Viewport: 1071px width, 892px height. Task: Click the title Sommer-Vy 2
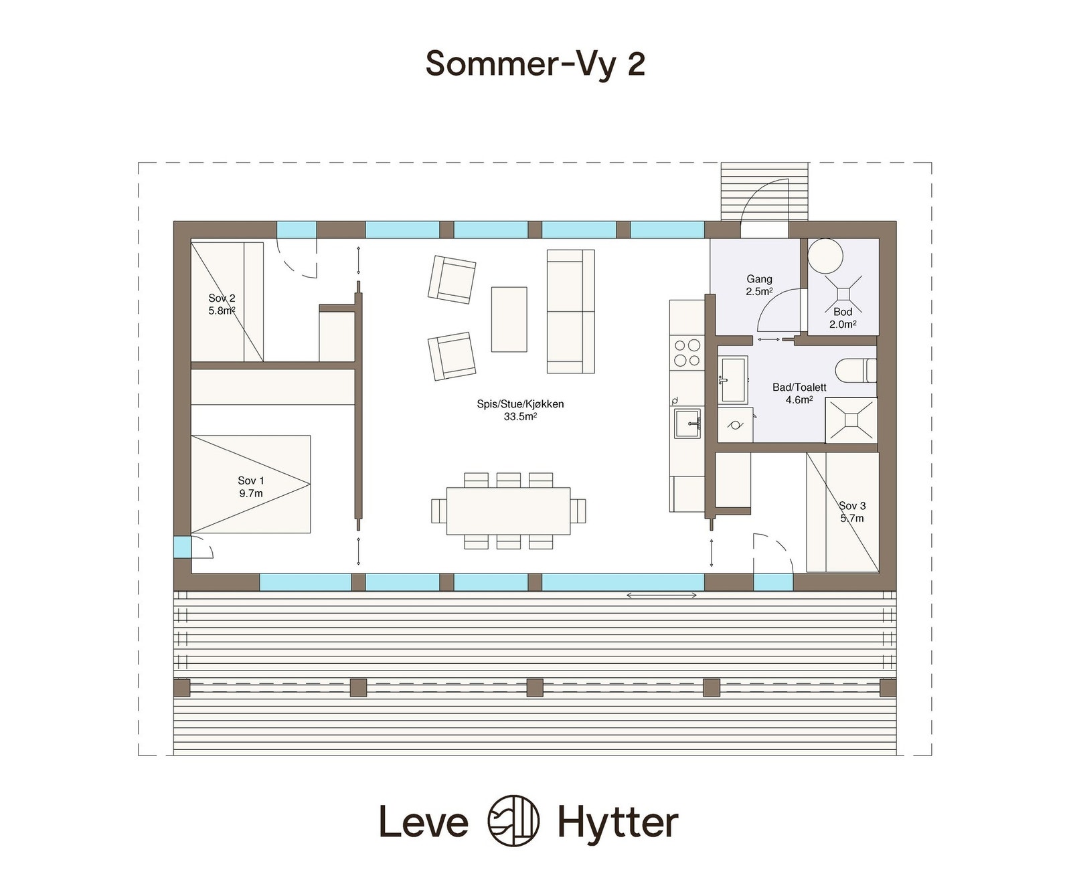[535, 64]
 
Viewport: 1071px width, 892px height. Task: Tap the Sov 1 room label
[251, 487]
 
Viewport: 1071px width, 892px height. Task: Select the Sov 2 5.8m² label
[222, 304]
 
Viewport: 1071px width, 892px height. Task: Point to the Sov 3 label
[852, 512]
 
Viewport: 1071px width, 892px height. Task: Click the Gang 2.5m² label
[759, 285]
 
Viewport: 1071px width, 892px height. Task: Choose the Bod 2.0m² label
[843, 318]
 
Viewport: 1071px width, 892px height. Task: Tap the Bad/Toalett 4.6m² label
[799, 393]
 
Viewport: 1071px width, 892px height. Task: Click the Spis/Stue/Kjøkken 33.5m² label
[520, 410]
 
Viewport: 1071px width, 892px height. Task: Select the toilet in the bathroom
[855, 370]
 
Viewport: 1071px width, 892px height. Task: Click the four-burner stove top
[687, 353]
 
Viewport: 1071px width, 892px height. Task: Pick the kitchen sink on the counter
[687, 423]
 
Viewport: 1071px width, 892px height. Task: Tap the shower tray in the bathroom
[851, 420]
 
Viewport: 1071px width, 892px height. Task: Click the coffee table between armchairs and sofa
[509, 319]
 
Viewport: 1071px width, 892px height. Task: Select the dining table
[508, 511]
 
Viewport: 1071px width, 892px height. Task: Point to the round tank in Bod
[825, 255]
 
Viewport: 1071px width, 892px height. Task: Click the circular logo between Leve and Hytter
[513, 820]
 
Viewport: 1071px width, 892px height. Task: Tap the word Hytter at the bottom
[618, 822]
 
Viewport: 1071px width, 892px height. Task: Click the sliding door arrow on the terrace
[661, 595]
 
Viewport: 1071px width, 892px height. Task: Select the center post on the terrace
[534, 687]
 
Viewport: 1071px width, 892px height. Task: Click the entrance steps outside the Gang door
[764, 191]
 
